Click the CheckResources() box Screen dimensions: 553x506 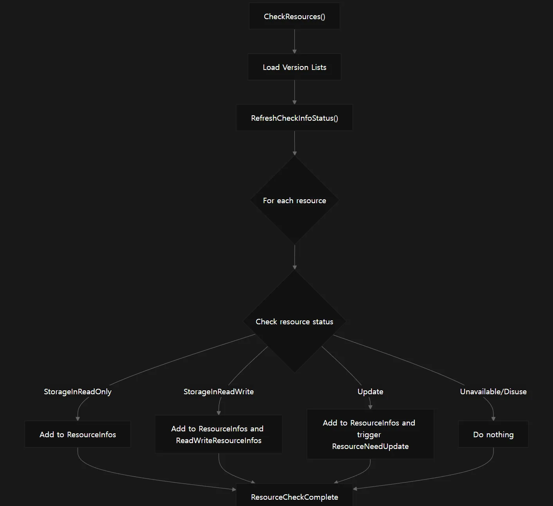pyautogui.click(x=294, y=16)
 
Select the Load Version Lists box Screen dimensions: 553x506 pyautogui.click(x=294, y=67)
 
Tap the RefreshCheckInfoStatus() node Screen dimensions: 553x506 pyautogui.click(x=294, y=118)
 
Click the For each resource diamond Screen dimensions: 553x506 pyautogui.click(x=294, y=200)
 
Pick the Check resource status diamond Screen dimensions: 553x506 pyautogui.click(x=294, y=321)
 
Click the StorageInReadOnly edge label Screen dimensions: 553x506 pyautogui.click(x=78, y=392)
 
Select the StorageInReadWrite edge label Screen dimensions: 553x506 pyautogui.click(x=219, y=392)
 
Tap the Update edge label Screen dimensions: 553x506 pyautogui.click(x=370, y=392)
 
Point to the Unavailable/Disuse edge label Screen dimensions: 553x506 pyautogui.click(x=493, y=392)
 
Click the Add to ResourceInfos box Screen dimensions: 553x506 pyautogui.click(x=78, y=434)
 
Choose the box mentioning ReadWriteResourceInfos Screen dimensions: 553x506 pyautogui.click(x=219, y=434)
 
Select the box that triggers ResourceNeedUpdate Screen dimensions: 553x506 pyautogui.click(x=370, y=434)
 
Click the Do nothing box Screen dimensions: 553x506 pyautogui.click(x=493, y=434)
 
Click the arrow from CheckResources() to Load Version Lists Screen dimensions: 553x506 pyautogui.click(x=294, y=41)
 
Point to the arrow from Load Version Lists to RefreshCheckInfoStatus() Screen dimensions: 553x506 pyautogui.click(x=294, y=92)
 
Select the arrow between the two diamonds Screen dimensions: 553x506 pyautogui.click(x=294, y=257)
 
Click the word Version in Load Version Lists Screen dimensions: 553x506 pyautogui.click(x=295, y=67)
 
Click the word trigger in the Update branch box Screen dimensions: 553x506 pyautogui.click(x=369, y=435)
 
